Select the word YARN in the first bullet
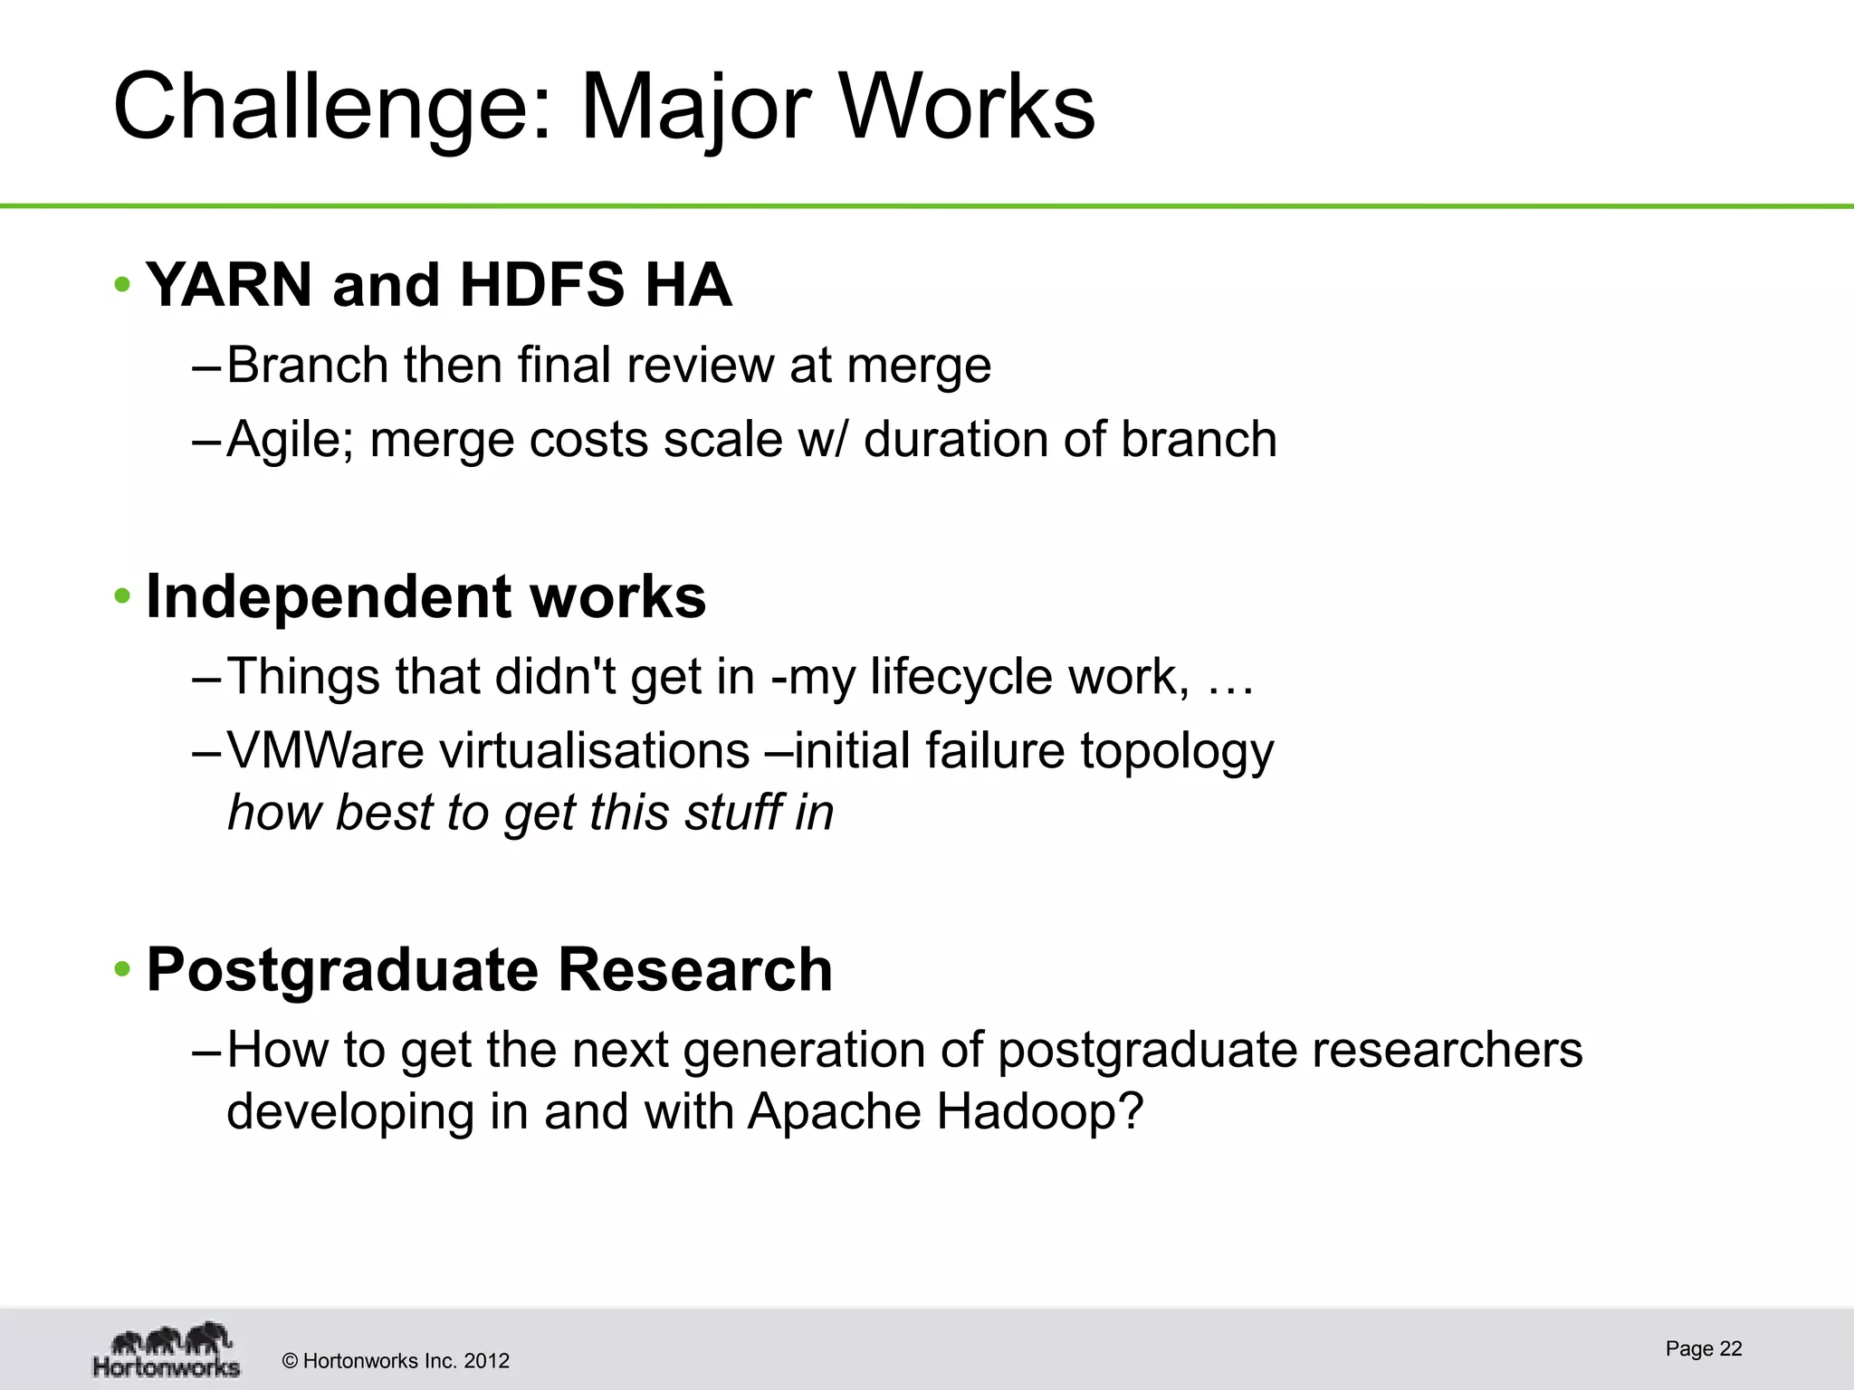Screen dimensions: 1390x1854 coord(229,285)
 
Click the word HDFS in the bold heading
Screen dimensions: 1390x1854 coord(540,285)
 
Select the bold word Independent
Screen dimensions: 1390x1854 coord(327,597)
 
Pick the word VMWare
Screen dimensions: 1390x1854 coord(325,750)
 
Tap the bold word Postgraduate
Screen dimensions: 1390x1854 coord(342,971)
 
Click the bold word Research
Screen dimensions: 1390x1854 coord(694,969)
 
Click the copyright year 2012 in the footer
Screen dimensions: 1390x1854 coord(486,1361)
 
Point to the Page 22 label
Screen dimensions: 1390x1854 coord(1703,1348)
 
